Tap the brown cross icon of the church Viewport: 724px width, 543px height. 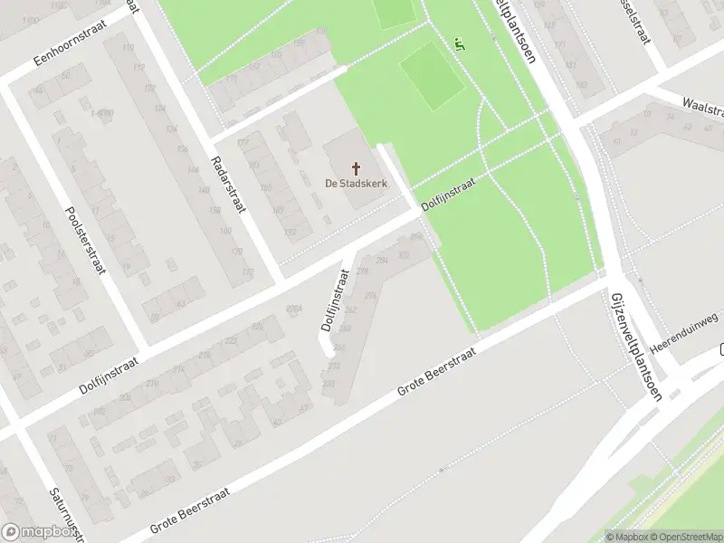pos(356,168)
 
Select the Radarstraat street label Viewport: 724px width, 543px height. pos(230,177)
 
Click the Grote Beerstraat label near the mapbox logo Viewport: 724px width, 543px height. pos(190,511)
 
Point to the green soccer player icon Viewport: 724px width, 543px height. pos(460,43)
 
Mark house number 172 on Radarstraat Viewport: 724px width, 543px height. pos(246,271)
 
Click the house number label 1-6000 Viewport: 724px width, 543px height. pos(101,112)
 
